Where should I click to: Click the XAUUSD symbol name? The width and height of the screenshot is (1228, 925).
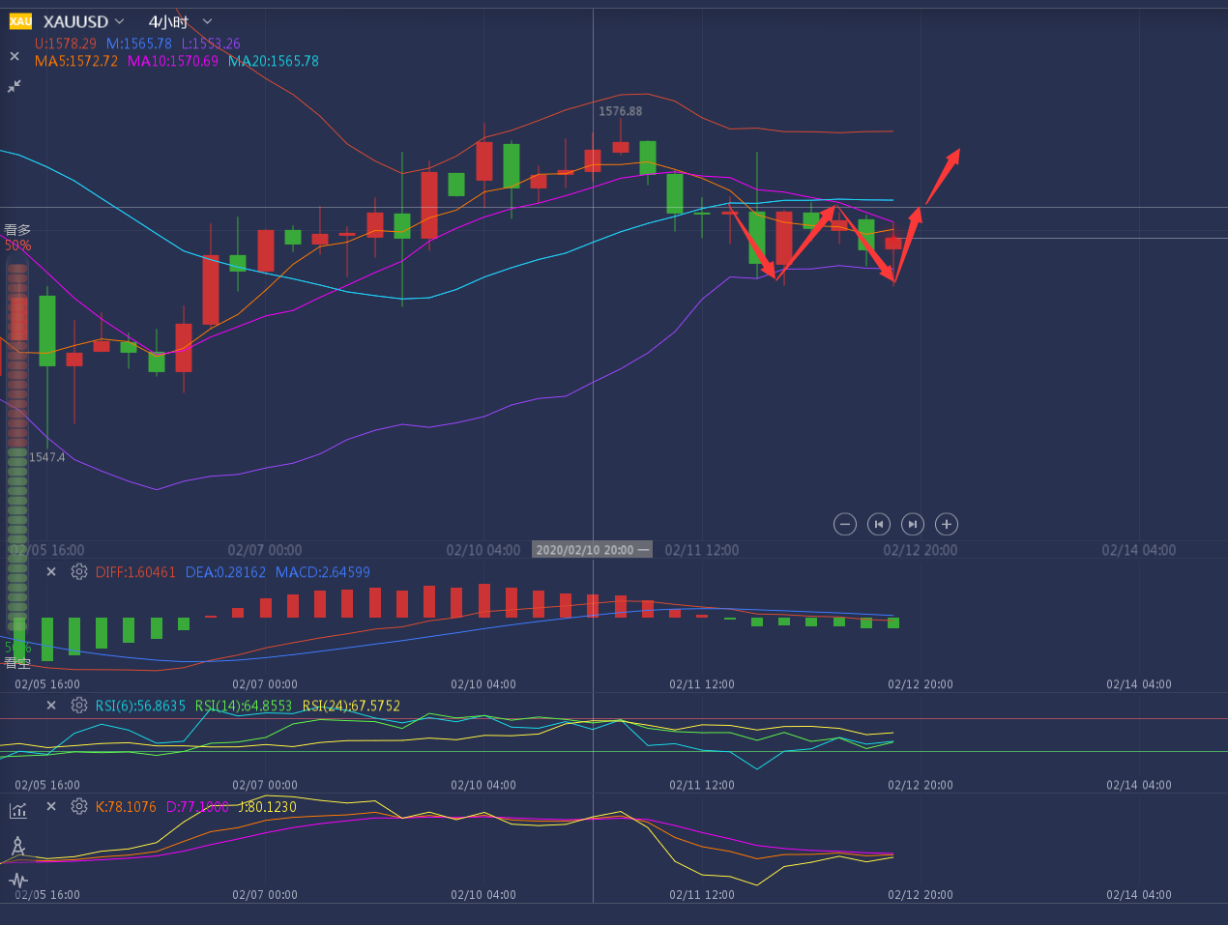coord(75,21)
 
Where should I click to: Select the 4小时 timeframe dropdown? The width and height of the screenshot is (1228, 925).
coord(168,21)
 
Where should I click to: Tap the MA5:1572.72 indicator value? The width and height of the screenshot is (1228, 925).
coord(76,61)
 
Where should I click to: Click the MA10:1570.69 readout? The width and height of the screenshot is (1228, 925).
coord(173,61)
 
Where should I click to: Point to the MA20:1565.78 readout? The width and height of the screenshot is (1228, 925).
coord(274,61)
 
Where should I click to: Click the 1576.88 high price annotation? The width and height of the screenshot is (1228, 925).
coord(620,111)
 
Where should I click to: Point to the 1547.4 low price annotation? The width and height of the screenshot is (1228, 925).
coord(47,457)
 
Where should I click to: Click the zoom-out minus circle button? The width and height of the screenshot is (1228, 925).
coord(845,524)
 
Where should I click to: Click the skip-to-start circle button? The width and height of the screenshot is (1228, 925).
coord(879,524)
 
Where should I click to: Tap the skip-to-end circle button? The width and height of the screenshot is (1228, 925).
coord(913,524)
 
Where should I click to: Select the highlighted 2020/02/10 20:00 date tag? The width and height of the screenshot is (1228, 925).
coord(592,550)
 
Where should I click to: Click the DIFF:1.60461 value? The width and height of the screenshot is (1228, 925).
coord(135,572)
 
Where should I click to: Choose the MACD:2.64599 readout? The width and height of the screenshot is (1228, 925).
coord(322,572)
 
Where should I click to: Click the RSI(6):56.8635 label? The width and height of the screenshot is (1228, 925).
coord(140,706)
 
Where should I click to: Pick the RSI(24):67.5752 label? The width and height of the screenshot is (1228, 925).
coord(351,706)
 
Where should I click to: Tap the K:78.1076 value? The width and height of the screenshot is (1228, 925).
coord(126,807)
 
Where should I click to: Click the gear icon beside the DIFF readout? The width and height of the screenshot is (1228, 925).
coord(79,572)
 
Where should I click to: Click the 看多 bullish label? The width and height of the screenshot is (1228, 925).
coord(17,230)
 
